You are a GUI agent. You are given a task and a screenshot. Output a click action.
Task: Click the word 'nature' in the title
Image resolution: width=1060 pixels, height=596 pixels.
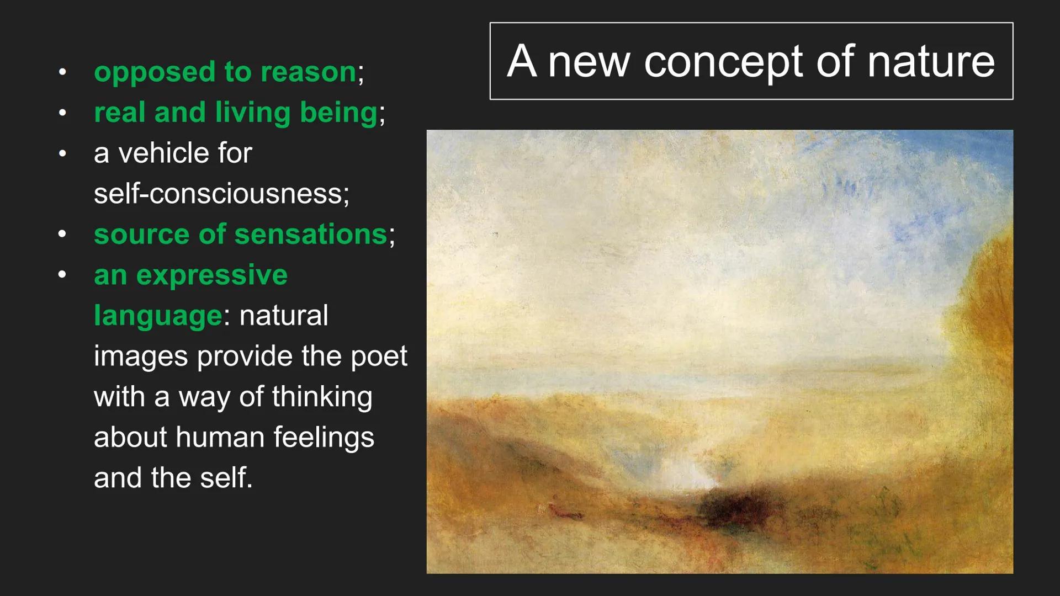pos(931,61)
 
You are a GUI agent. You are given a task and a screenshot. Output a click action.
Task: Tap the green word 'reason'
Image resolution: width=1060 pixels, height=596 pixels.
pos(309,72)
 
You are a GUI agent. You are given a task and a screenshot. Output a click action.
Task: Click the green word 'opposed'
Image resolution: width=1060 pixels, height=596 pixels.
pos(155,72)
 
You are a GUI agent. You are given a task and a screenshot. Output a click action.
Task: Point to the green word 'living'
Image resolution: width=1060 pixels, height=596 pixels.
pos(253,113)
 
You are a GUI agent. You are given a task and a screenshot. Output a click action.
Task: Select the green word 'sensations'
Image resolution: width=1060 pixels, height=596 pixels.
pos(311,234)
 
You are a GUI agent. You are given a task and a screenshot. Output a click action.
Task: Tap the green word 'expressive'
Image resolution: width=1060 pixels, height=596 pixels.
pos(212,275)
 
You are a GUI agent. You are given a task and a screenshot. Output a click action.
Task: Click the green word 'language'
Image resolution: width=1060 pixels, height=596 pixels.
pos(158,316)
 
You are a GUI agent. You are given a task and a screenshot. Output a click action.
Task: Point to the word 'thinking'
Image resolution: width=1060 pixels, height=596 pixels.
pos(322,397)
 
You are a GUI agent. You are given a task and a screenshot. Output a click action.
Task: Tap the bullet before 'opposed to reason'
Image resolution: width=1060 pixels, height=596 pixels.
pos(62,72)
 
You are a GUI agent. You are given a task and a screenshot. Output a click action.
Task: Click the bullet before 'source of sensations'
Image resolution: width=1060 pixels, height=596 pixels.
pos(62,234)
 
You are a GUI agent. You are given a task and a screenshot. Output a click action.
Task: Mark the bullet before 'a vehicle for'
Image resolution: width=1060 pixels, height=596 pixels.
pos(62,153)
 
